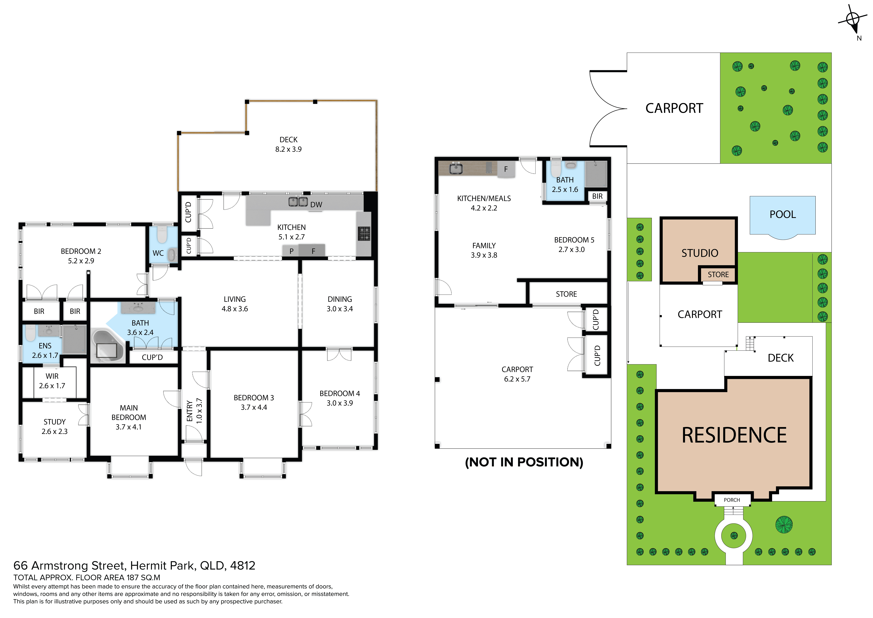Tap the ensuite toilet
point(30,333)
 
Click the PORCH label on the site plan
point(732,500)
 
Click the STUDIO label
point(700,253)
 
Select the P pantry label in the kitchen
point(291,251)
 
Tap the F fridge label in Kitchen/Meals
point(506,169)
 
